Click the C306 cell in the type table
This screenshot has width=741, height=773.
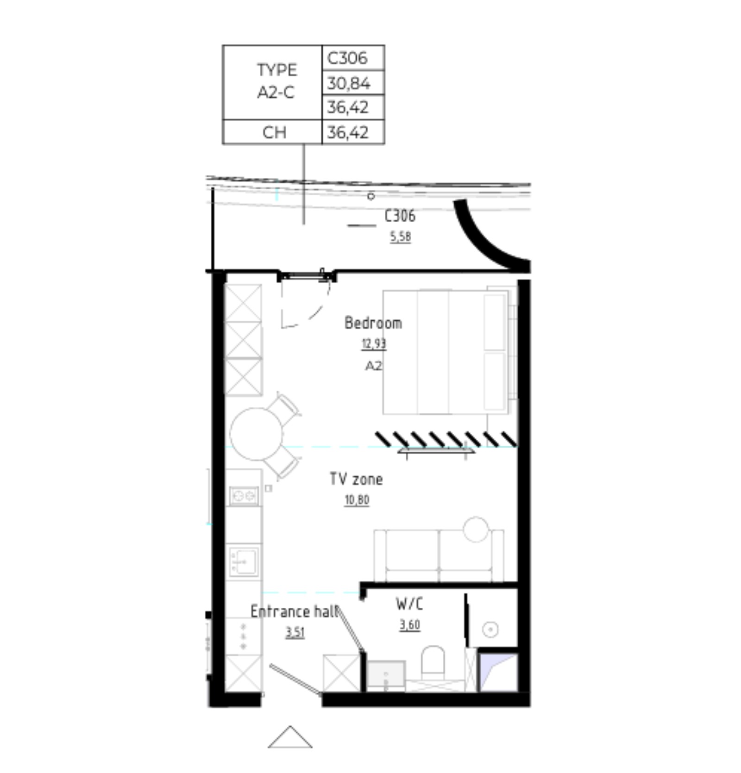click(x=353, y=58)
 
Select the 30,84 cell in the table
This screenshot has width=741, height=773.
click(x=353, y=83)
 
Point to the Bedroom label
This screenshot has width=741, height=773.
click(x=373, y=323)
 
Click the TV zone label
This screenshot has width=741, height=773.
click(x=356, y=479)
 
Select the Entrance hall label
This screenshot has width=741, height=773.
click(x=295, y=611)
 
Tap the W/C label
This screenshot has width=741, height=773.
click(x=409, y=604)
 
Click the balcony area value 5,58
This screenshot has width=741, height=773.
click(x=400, y=237)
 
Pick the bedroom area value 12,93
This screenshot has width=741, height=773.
click(x=374, y=344)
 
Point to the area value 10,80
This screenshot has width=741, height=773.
click(x=357, y=500)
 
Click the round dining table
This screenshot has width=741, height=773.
click(x=256, y=434)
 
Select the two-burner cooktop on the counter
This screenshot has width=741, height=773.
click(x=244, y=496)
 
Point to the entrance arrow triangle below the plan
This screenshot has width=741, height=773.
click(x=290, y=736)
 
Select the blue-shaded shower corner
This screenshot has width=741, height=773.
click(x=498, y=673)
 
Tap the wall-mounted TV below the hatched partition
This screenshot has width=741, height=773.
click(x=436, y=450)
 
